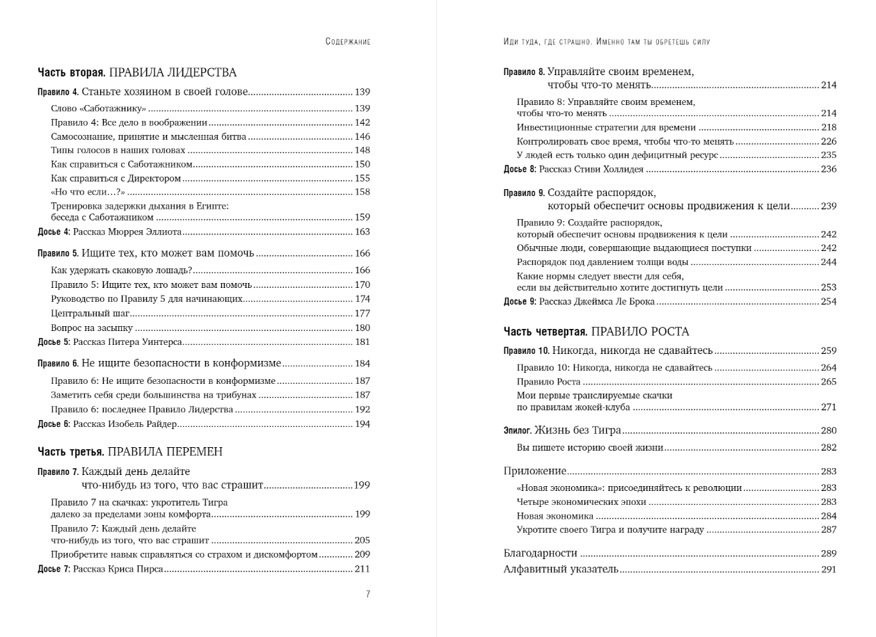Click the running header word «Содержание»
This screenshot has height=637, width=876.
347,42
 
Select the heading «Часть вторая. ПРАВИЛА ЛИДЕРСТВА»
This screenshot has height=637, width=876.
137,72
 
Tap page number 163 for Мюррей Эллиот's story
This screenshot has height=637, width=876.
362,232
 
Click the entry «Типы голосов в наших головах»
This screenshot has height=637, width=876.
118,150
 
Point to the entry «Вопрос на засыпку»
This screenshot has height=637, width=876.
93,328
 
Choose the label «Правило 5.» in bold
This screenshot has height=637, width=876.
58,254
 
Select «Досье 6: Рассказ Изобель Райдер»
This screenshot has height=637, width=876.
107,424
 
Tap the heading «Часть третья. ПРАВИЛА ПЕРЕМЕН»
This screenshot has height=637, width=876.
130,452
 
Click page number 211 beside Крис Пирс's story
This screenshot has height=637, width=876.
362,570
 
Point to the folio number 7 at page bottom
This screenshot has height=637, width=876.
368,595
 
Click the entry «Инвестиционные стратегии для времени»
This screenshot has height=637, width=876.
606,127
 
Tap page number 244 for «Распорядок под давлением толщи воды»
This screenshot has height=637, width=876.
828,262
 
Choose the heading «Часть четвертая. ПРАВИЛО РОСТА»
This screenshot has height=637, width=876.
596,332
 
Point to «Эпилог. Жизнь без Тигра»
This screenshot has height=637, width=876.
562,430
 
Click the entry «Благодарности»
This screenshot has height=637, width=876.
540,554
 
